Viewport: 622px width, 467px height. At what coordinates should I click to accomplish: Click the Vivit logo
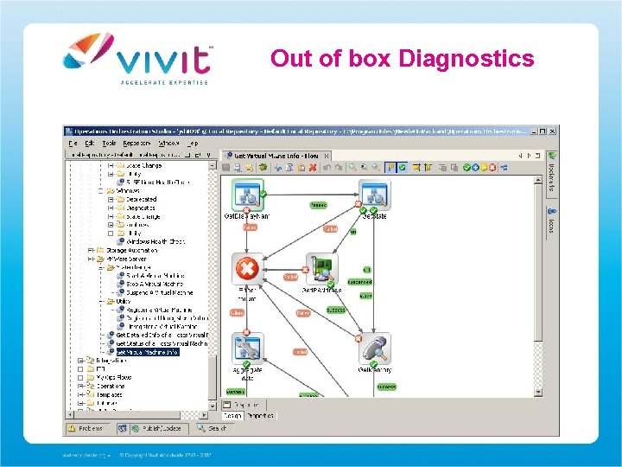137,55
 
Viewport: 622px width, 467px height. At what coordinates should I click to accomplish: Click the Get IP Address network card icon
321,269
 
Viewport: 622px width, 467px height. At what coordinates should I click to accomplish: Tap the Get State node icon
373,195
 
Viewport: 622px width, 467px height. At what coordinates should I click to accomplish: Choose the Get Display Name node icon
248,195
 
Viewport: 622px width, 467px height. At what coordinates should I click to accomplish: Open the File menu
73,143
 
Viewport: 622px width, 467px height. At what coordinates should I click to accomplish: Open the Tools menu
109,143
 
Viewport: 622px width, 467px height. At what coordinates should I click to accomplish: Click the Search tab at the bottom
215,427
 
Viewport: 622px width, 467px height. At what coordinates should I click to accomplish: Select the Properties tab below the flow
260,416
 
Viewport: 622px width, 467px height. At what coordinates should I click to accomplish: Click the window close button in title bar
552,131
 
